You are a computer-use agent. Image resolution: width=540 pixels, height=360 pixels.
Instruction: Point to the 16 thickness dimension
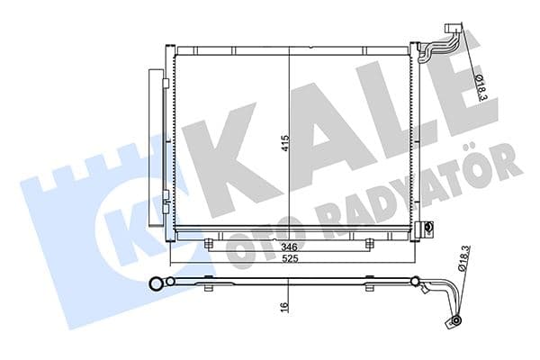[x=285, y=307]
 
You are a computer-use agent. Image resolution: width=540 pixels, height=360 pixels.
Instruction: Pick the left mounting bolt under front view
[x=209, y=243]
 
